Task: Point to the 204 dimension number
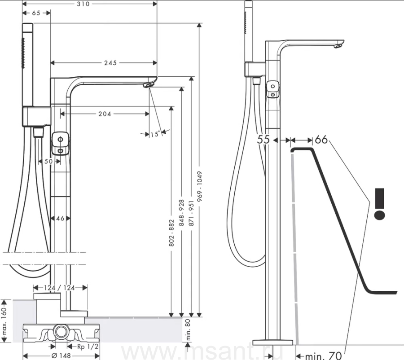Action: [x=105, y=114]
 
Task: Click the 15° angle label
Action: [x=155, y=134]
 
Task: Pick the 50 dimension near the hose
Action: [x=48, y=161]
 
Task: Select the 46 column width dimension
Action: [x=60, y=219]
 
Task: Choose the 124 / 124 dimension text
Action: [x=60, y=288]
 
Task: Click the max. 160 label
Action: [x=4, y=322]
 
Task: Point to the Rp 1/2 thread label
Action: [x=88, y=346]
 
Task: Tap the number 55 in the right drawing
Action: [x=263, y=140]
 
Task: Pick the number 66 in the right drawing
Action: [x=321, y=140]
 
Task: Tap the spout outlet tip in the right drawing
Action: [x=339, y=45]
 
